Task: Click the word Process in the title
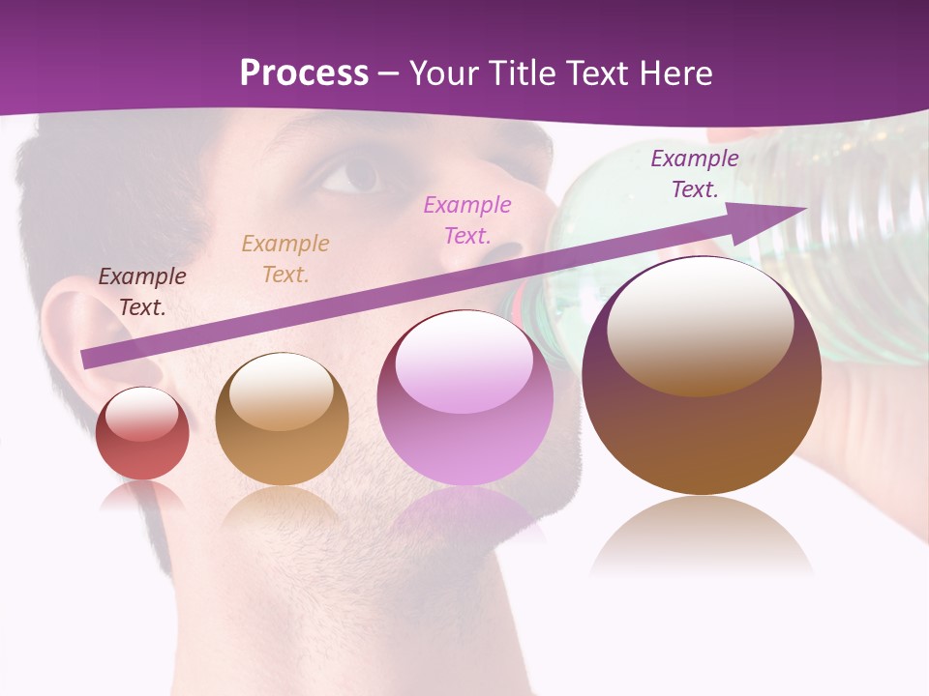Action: pos(304,73)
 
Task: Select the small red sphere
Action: pos(142,434)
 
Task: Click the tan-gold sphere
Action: pos(282,420)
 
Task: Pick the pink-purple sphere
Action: pos(464,398)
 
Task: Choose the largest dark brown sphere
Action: pos(702,377)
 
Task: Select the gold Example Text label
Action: pos(285,259)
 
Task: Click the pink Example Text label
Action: pos(467,220)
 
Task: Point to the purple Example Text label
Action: pos(695,174)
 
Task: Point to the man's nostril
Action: pos(503,253)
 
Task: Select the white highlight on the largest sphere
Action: pos(701,324)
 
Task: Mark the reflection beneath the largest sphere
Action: pos(702,536)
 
